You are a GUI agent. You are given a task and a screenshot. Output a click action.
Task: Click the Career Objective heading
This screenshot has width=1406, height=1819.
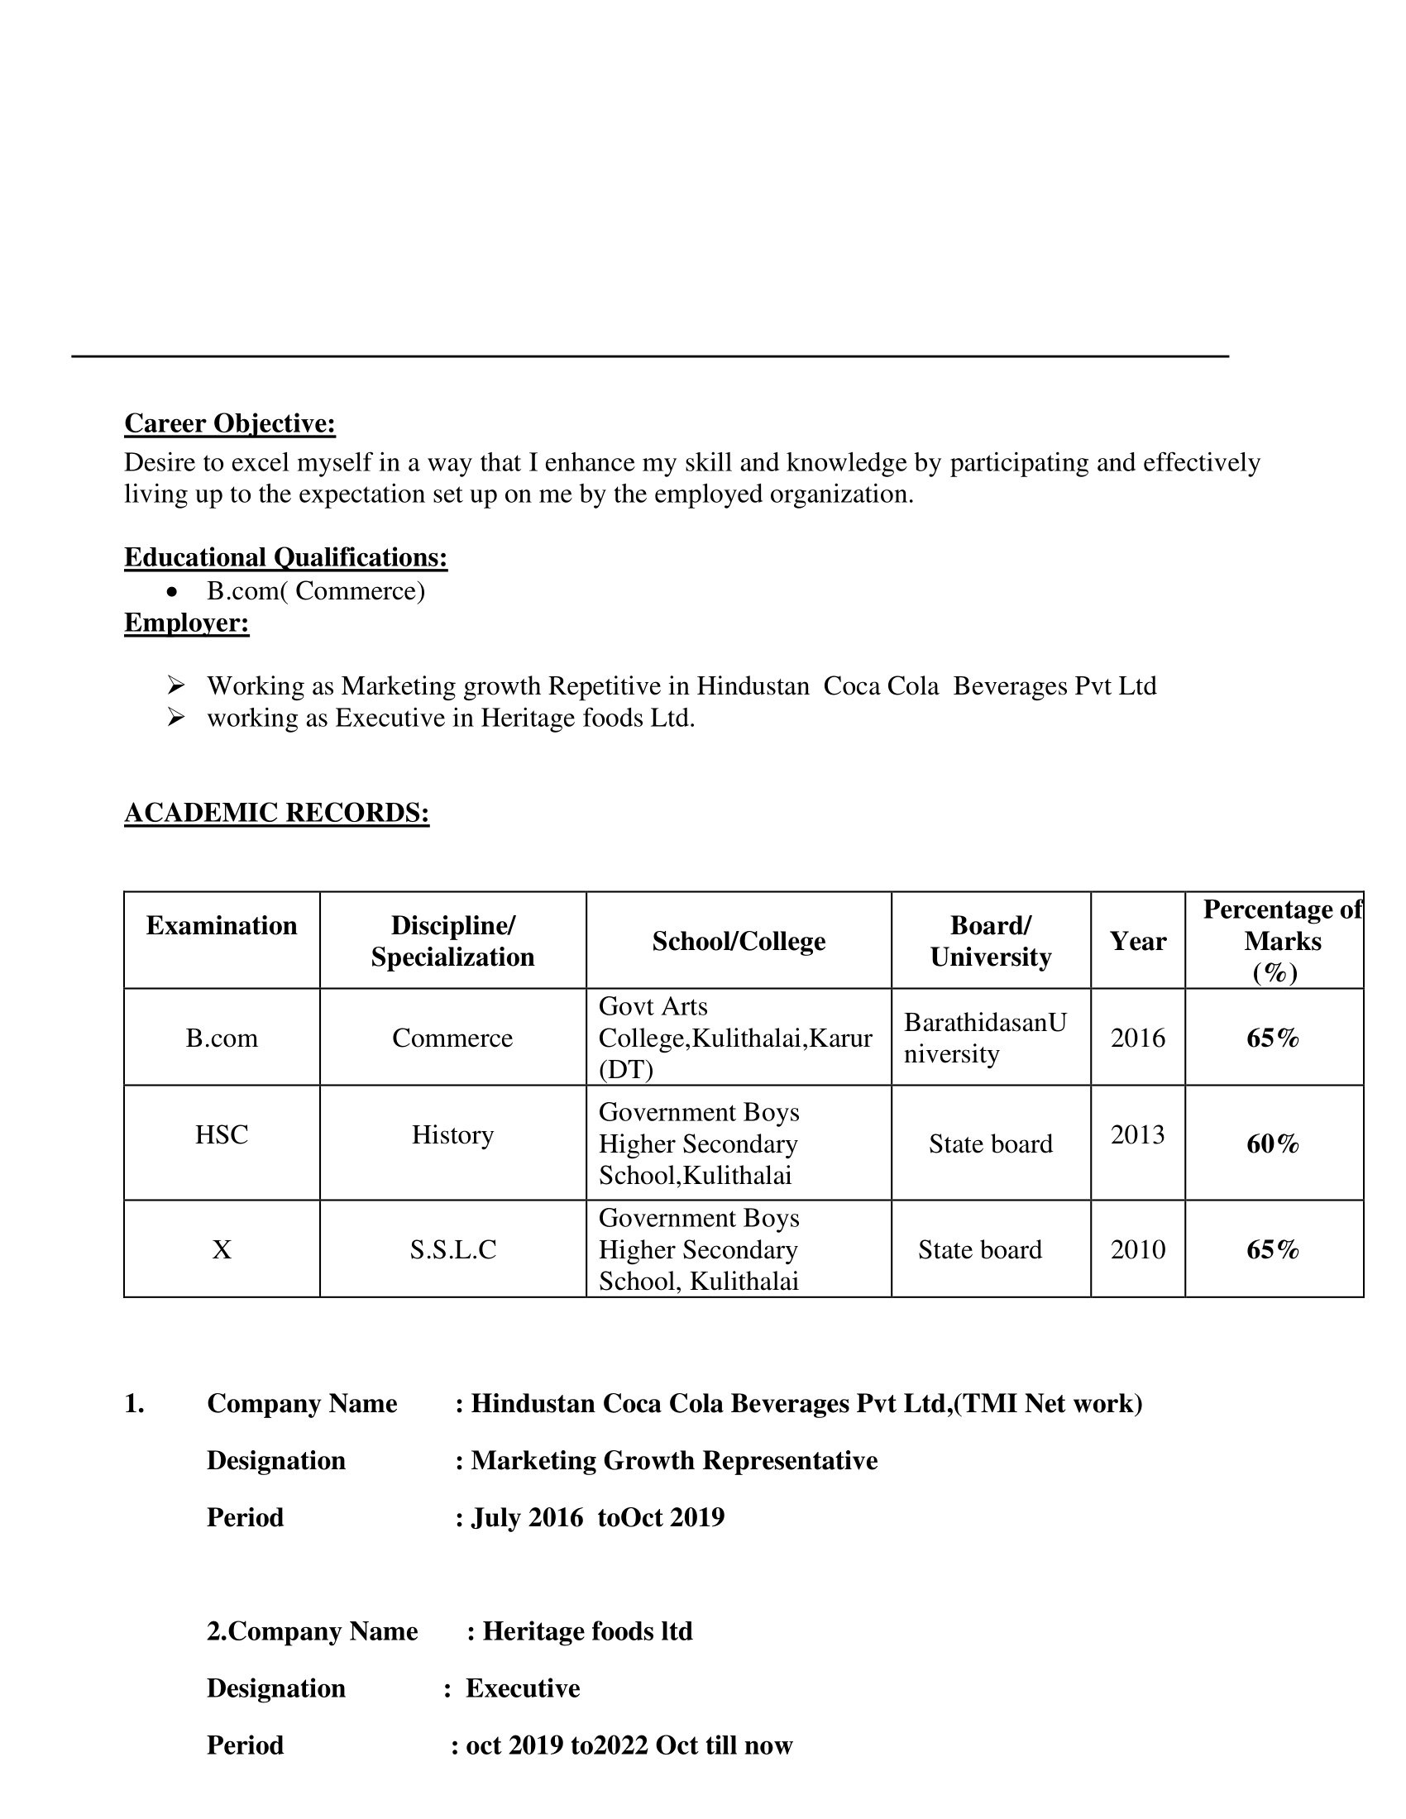230,423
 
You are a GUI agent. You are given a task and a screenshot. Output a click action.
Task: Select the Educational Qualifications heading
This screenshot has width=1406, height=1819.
285,556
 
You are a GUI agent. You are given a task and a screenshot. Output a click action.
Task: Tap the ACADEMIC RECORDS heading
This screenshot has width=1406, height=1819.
276,812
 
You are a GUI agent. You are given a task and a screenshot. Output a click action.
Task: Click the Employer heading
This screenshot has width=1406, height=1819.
187,622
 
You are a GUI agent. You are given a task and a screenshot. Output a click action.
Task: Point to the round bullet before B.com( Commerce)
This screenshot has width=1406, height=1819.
172,591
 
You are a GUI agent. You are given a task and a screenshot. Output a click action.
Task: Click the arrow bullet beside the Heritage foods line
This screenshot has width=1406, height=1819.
175,716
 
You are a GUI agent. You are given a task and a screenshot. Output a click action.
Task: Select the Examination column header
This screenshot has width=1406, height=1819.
222,925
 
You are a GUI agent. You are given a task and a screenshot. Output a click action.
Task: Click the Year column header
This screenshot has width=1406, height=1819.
1137,941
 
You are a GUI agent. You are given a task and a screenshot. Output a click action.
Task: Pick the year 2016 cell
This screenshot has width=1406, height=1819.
1137,1038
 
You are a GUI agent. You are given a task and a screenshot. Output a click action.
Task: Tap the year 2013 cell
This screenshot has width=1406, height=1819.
1137,1134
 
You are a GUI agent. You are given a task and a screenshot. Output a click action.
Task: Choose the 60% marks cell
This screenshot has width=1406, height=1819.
1273,1143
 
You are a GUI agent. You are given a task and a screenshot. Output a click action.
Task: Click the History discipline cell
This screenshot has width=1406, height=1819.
452,1134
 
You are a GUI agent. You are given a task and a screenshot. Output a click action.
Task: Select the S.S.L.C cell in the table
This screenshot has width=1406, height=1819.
452,1249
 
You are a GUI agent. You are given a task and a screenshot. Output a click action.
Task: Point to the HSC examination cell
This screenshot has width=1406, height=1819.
222,1134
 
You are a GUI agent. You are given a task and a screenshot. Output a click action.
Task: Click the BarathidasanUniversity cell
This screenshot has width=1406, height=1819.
985,1038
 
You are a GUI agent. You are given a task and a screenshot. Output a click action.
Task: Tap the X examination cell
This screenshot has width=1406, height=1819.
222,1249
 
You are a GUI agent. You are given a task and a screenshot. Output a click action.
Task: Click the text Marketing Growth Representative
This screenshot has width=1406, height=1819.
674,1460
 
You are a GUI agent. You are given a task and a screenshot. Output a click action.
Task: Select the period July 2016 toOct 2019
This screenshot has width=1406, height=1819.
597,1516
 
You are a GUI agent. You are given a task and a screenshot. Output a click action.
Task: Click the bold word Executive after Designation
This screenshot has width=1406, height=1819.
522,1688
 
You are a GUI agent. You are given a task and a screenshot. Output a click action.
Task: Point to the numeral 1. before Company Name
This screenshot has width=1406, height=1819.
134,1403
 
